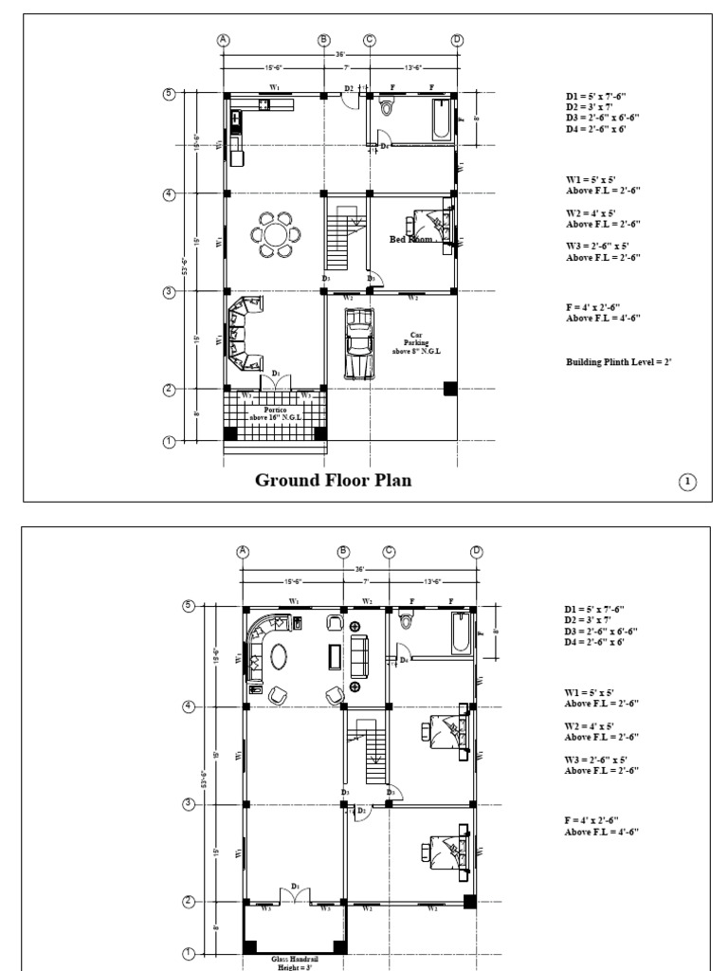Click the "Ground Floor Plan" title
[x=334, y=480]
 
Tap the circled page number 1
[x=688, y=483]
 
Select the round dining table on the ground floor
[x=274, y=235]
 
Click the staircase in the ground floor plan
[x=338, y=243]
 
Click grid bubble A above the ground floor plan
[x=224, y=40]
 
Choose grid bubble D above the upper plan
[x=477, y=553]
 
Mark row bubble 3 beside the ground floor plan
[x=170, y=292]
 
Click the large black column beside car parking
[x=450, y=387]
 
